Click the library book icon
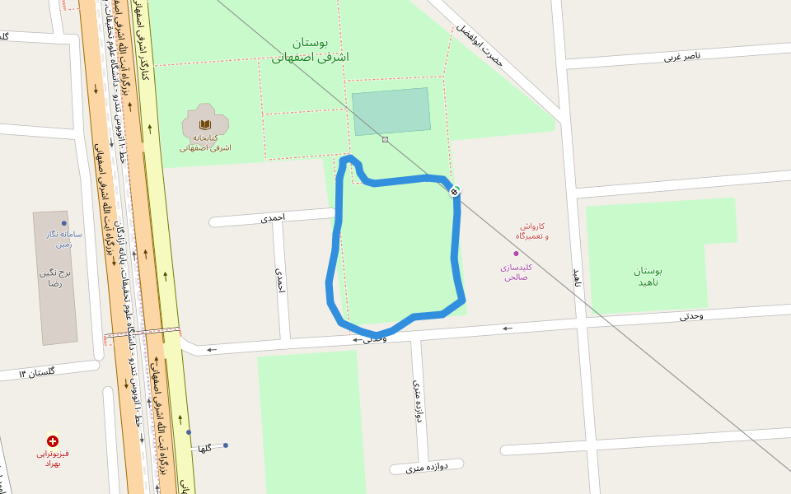point(205,124)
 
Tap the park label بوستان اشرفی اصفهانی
point(311,49)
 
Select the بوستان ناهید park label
point(648,277)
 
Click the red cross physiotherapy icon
point(53,441)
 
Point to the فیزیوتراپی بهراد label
point(53,458)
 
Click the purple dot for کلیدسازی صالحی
point(517,254)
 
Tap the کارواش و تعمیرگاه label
point(532,231)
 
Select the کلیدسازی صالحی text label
point(516,272)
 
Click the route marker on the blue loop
point(455,191)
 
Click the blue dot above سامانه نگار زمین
point(63,223)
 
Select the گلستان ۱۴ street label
point(37,373)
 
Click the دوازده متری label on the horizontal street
point(427,468)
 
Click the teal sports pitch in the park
point(391,111)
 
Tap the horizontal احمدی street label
point(272,218)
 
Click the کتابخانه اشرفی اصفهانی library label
point(205,142)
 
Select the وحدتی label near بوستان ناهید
point(691,316)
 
